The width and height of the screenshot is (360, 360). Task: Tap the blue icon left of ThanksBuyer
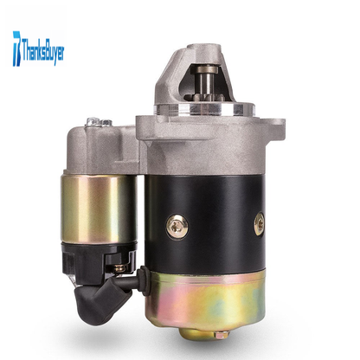(x=16, y=48)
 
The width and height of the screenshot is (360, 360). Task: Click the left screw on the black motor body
(x=177, y=226)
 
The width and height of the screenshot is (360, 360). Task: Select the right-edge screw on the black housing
(x=260, y=223)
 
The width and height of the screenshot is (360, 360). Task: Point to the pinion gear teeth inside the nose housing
(x=204, y=97)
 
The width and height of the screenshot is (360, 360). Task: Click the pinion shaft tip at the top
(x=206, y=69)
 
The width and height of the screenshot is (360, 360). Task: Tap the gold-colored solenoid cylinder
(x=99, y=209)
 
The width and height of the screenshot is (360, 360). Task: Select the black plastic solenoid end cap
(x=98, y=258)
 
